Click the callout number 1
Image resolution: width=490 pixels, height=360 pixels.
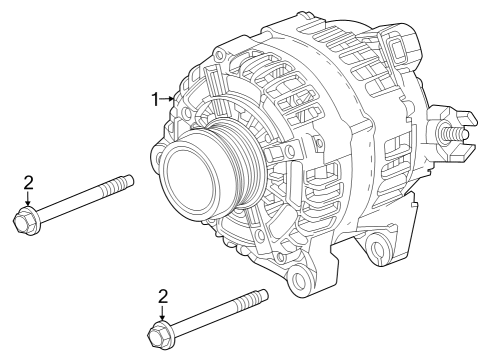point(155,99)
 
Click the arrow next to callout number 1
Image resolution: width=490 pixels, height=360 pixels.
point(167,99)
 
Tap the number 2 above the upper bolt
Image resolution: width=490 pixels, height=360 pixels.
point(29,183)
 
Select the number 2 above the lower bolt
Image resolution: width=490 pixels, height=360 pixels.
point(163,296)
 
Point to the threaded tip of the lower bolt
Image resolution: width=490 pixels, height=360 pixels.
point(253,298)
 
